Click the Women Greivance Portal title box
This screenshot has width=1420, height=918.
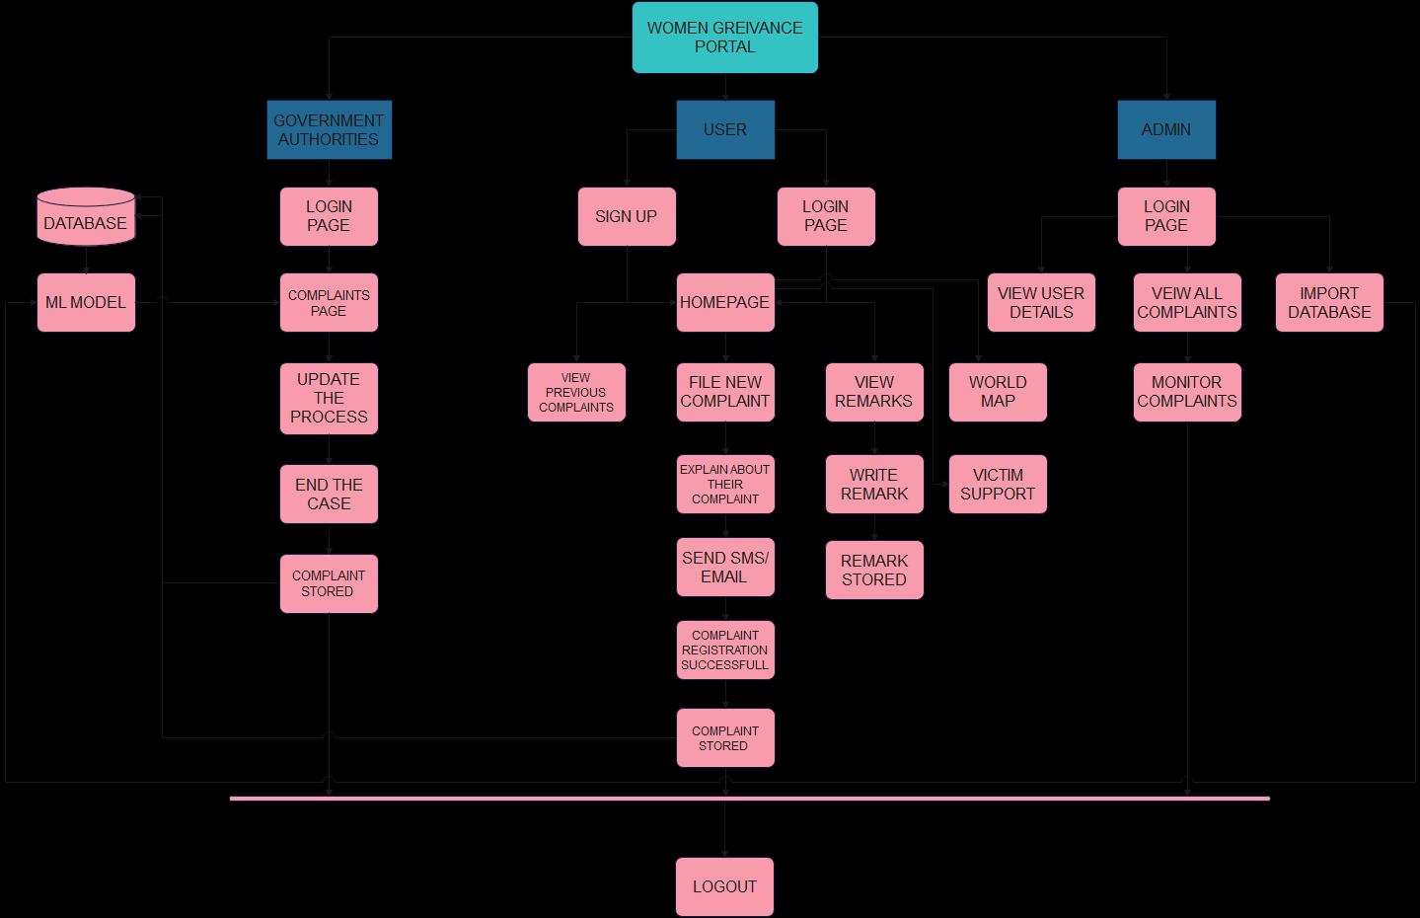pos(725,38)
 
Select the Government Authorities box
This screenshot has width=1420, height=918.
pos(329,129)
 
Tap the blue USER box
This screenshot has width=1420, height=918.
pos(725,129)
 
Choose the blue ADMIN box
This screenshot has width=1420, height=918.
pos(1166,129)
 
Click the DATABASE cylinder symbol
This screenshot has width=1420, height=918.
pos(86,217)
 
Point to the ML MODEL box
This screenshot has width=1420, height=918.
pos(86,302)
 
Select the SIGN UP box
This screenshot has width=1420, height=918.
pos(627,216)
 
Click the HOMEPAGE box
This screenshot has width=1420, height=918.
pos(725,302)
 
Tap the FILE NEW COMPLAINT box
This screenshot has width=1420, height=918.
pos(725,392)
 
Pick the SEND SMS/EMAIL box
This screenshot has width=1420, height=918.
pos(725,567)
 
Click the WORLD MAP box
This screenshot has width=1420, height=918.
pos(998,392)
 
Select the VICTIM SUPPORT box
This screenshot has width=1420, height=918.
pos(998,484)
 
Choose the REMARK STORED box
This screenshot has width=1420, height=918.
pos(874,570)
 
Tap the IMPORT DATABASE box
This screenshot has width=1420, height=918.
pos(1329,302)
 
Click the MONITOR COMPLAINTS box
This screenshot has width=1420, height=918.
pos(1187,392)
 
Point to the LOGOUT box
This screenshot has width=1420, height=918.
pos(725,886)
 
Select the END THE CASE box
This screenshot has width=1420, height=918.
pos(329,494)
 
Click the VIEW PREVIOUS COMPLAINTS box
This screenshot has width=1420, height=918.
pos(576,392)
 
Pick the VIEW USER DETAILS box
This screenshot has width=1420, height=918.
pos(1041,302)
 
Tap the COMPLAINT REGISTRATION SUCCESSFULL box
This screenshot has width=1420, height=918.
pos(725,650)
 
